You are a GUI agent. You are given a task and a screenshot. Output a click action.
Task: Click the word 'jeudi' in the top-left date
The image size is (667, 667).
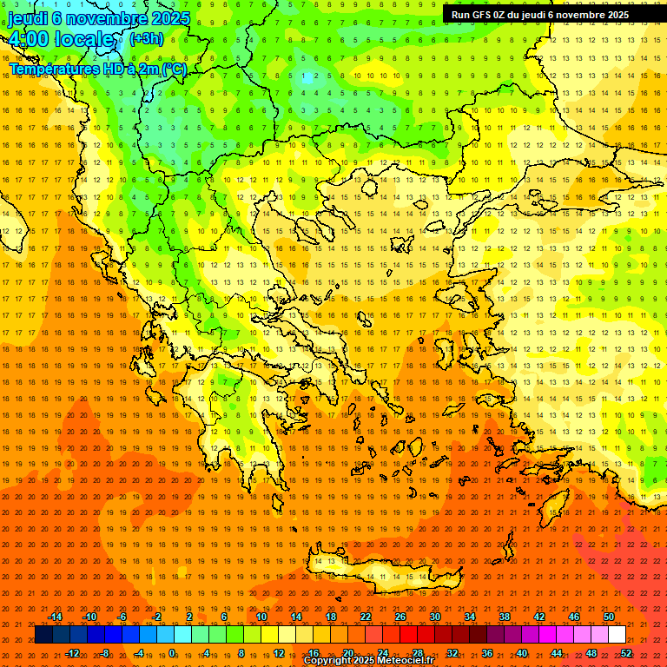coord(28,18)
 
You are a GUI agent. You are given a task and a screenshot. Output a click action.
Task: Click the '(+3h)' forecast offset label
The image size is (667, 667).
coord(145,38)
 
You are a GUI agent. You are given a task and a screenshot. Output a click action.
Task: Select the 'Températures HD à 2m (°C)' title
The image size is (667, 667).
coord(97,69)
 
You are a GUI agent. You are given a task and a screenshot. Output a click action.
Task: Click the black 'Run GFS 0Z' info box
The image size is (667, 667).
coord(539,15)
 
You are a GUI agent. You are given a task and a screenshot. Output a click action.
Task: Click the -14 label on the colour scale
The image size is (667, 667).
coord(55,617)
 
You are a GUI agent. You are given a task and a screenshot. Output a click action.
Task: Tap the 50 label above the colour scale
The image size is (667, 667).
coord(609,617)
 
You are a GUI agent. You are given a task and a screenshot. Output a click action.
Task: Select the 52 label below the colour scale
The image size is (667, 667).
coord(626,653)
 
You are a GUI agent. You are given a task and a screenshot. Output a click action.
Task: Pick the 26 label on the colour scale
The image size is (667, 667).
coord(400,617)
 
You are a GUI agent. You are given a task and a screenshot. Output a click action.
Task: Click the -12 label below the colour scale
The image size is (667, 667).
coord(72,653)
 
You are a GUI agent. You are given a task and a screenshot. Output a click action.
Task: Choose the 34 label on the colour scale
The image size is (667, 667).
coord(470,617)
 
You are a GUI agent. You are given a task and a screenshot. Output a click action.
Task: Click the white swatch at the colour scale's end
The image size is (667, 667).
coord(617,635)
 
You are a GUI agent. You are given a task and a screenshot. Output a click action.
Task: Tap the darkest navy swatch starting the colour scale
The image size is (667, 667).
coord(43,635)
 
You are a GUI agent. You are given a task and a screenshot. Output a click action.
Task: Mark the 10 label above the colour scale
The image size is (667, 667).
coord(261,617)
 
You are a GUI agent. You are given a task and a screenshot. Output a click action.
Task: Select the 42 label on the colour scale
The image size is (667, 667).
coord(539,617)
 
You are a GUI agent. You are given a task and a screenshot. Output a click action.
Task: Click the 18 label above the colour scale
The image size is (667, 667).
coord(331,617)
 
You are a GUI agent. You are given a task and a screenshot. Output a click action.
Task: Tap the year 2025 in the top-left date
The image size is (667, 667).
coord(170,18)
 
